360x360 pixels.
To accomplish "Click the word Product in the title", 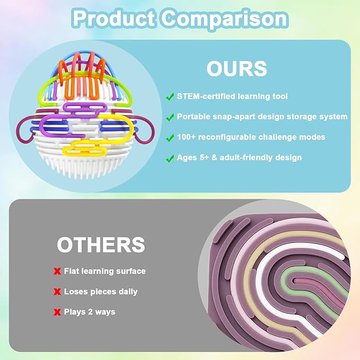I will click(x=114, y=19).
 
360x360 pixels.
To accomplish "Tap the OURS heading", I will click(x=236, y=69).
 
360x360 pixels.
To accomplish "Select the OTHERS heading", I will click(x=101, y=245).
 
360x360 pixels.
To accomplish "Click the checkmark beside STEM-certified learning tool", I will click(x=170, y=96).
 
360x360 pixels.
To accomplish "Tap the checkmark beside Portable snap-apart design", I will click(x=170, y=117).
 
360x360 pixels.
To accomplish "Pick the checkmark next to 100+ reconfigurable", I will click(x=170, y=137).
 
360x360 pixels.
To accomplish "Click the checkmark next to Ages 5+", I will click(x=170, y=157).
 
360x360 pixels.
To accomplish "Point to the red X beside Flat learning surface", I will click(x=57, y=271).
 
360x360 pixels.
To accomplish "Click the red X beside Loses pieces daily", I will click(x=57, y=292).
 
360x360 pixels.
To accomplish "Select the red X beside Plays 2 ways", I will click(x=57, y=312).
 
